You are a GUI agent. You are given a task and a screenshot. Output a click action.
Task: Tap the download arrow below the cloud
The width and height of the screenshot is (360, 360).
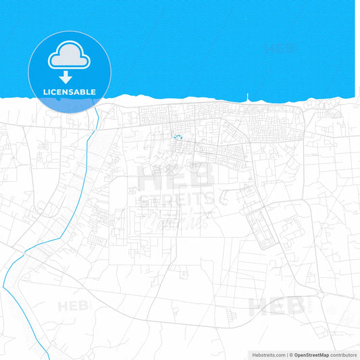click(66, 78)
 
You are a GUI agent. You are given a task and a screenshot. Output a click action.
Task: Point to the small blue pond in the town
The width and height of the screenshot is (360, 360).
click(179, 137)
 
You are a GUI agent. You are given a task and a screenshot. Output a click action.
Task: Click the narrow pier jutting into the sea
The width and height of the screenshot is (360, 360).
click(247, 98)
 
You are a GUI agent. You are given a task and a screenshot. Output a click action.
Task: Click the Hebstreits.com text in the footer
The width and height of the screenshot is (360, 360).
click(268, 354)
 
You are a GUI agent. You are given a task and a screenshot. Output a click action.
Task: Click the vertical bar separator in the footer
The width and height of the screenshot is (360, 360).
click(288, 354)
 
